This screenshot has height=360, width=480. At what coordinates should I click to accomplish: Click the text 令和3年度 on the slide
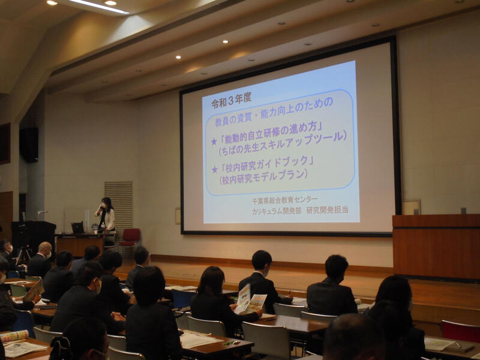click(232, 100)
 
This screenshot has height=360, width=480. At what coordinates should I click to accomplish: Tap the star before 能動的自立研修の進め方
click(214, 141)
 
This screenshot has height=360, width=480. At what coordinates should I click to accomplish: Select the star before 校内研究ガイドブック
click(215, 169)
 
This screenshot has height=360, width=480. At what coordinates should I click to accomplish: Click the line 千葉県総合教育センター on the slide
click(285, 200)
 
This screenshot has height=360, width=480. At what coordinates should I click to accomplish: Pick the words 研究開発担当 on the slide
click(327, 209)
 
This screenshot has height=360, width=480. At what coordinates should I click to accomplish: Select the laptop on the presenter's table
click(77, 228)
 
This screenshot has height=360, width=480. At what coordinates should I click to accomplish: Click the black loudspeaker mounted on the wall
click(29, 145)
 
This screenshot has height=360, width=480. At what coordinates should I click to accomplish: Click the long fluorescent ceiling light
click(98, 6)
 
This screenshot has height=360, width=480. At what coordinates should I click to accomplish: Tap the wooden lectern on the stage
click(436, 247)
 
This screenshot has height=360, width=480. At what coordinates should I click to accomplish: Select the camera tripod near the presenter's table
click(23, 254)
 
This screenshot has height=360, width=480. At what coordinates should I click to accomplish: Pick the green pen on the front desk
click(231, 343)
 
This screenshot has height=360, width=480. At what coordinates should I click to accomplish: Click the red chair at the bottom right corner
click(460, 331)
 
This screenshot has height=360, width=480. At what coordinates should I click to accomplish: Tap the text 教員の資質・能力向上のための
click(274, 113)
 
